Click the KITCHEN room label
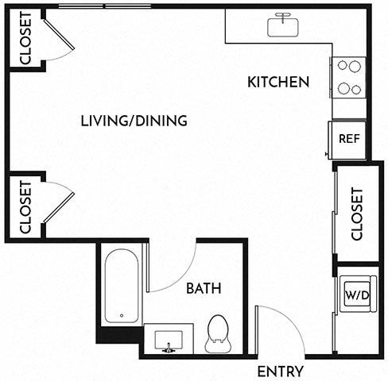pyautogui.click(x=277, y=82)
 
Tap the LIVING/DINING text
pyautogui.click(x=134, y=121)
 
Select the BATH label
pyautogui.click(x=204, y=288)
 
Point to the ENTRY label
pyautogui.click(x=281, y=371)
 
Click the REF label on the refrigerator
pyautogui.click(x=350, y=138)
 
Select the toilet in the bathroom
pyautogui.click(x=217, y=334)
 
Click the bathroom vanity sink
pyautogui.click(x=169, y=341)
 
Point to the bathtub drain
pyautogui.click(x=121, y=315)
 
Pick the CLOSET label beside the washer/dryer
pyautogui.click(x=355, y=214)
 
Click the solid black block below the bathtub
pyautogui.click(x=120, y=336)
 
